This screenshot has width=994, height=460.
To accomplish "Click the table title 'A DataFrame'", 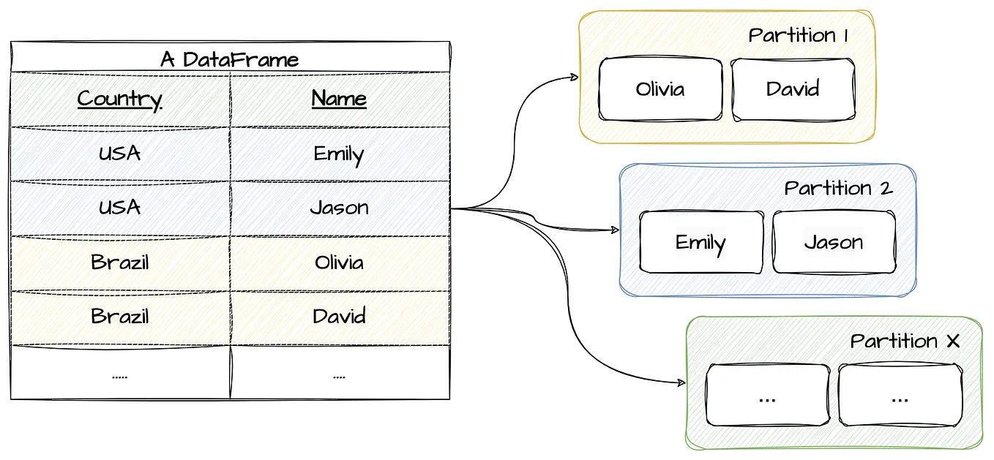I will pyautogui.click(x=229, y=59).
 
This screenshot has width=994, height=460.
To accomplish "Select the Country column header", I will pyautogui.click(x=119, y=99).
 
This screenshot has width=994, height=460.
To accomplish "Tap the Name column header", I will pyautogui.click(x=339, y=99).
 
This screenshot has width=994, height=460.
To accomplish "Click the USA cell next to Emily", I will pyautogui.click(x=119, y=154).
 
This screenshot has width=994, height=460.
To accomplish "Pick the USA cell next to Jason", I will pyautogui.click(x=119, y=208).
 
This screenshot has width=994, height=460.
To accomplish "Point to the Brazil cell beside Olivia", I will pyautogui.click(x=119, y=262).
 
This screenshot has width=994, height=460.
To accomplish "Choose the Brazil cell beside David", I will pyautogui.click(x=119, y=316).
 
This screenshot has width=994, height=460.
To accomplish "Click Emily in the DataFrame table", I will pyautogui.click(x=339, y=154).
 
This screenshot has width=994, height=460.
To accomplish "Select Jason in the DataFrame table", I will pyautogui.click(x=339, y=208).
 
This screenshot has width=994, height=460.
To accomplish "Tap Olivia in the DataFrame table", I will pyautogui.click(x=339, y=262).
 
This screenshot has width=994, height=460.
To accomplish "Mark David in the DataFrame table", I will pyautogui.click(x=339, y=316).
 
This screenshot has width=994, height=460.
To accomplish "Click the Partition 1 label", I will pyautogui.click(x=798, y=35).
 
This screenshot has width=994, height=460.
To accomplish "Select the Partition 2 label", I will pyautogui.click(x=838, y=188).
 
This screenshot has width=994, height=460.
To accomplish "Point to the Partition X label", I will pyautogui.click(x=905, y=341).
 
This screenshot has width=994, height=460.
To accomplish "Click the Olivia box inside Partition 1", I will pyautogui.click(x=660, y=89).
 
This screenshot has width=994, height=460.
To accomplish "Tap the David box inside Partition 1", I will pyautogui.click(x=793, y=89).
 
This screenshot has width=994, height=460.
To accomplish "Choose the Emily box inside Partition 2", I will pyautogui.click(x=700, y=242).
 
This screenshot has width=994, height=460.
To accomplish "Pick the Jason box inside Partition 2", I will pyautogui.click(x=834, y=242).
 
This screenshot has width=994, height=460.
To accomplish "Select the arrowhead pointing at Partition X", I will pyautogui.click(x=681, y=382).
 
